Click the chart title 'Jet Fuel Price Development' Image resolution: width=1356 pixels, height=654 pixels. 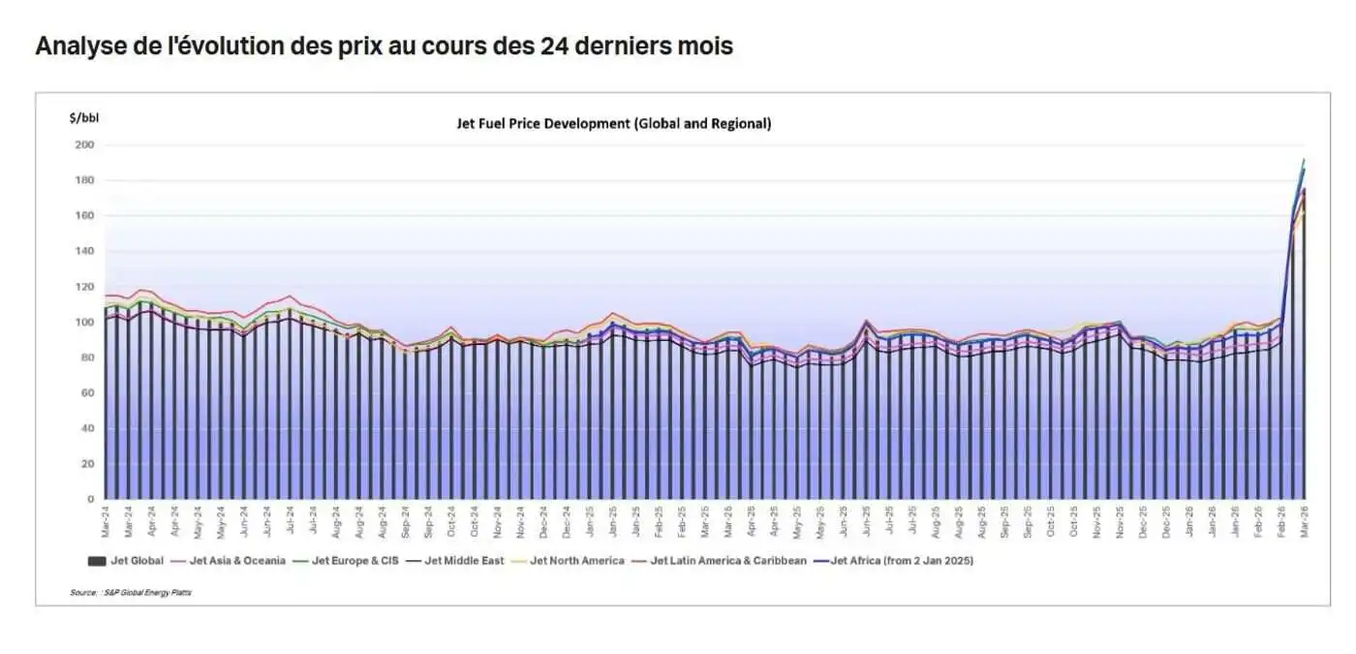[613, 124]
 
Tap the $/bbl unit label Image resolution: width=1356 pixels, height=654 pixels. [83, 118]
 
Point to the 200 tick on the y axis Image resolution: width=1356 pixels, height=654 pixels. [85, 145]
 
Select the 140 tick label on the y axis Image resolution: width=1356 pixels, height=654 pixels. [85, 252]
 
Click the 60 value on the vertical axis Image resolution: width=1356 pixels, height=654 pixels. [88, 393]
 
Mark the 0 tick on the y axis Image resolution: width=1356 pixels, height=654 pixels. [91, 500]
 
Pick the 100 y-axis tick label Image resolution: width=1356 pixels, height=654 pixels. [85, 323]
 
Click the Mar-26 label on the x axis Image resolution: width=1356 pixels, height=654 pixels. [1304, 524]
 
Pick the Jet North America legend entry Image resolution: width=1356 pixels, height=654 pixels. [576, 560]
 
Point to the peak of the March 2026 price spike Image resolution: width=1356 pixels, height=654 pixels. [1304, 160]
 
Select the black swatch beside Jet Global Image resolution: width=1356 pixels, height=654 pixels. [96, 560]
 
